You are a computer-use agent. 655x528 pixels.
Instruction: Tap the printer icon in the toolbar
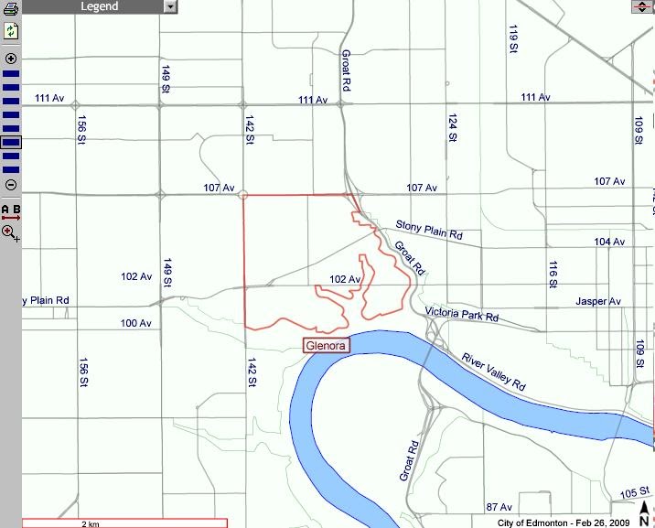11,10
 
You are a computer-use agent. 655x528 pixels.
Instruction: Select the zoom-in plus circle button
11,58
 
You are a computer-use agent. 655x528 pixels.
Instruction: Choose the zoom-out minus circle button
11,185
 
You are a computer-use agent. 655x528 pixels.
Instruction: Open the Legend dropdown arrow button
170,6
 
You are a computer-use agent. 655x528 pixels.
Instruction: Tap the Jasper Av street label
598,301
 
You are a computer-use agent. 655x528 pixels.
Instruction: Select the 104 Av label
609,242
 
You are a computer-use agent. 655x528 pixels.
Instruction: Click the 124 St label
452,127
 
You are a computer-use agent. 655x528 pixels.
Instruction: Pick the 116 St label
553,274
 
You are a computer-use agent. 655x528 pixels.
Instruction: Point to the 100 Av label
135,323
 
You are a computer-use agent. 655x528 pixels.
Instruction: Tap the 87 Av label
499,506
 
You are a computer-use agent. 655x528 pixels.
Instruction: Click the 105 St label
631,493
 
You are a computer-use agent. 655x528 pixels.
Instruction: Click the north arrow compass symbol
644,512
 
